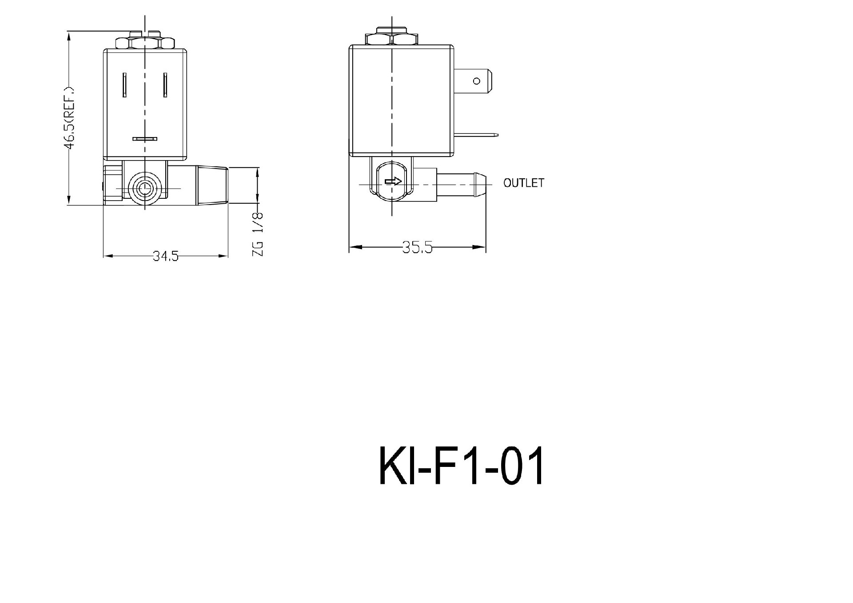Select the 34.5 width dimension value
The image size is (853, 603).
click(x=166, y=256)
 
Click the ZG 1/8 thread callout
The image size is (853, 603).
click(x=258, y=234)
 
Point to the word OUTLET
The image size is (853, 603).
click(x=523, y=183)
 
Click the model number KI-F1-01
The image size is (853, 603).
click(x=461, y=466)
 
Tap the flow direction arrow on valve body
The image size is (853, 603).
click(x=393, y=181)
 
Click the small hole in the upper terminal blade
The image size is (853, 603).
click(x=477, y=81)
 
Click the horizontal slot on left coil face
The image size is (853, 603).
click(x=145, y=139)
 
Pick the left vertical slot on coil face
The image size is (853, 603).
click(x=125, y=84)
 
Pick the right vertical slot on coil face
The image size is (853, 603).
click(x=165, y=84)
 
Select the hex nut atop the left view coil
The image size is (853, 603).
click(x=145, y=43)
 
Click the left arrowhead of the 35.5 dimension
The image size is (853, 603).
click(x=355, y=247)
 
